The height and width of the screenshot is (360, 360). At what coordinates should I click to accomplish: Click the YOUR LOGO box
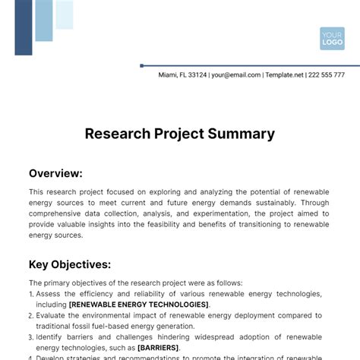(332, 38)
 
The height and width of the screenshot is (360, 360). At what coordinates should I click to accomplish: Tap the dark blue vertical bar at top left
(24, 27)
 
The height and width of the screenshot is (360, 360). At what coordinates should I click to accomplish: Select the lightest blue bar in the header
(65, 14)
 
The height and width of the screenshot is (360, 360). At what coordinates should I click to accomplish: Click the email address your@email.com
(236, 75)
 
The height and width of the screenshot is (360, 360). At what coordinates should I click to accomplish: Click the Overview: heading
(55, 173)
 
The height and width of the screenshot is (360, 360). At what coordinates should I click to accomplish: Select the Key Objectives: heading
(70, 264)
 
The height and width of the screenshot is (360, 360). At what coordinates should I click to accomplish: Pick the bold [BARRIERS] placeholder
(158, 347)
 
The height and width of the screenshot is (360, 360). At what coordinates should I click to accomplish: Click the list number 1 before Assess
(31, 294)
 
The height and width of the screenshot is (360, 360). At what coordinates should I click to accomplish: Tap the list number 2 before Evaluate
(31, 315)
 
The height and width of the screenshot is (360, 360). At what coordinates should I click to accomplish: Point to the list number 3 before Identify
(31, 336)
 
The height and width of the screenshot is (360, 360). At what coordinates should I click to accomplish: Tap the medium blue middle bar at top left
(44, 21)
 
